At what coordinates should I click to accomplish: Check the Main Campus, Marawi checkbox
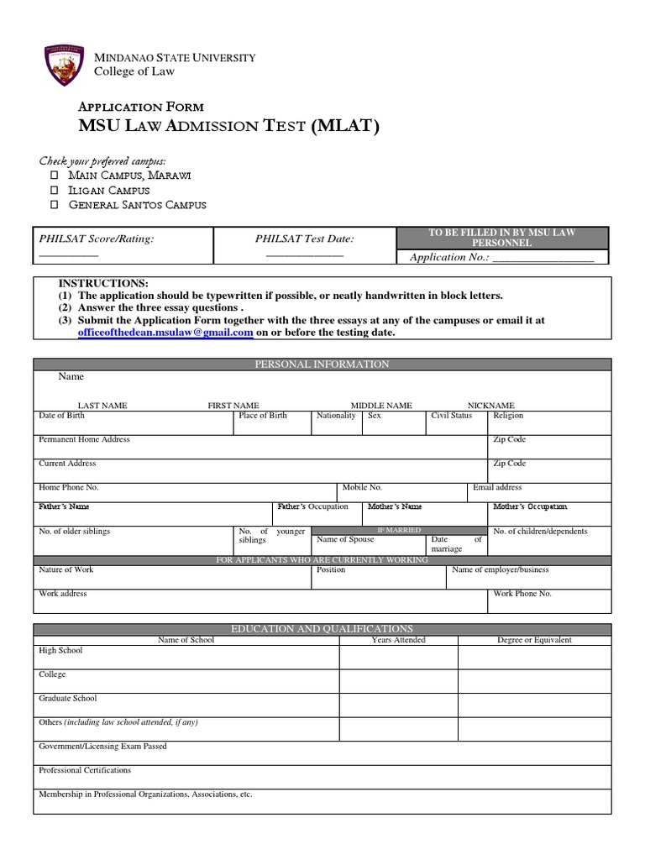click(x=54, y=175)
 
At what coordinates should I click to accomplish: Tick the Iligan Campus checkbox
click(x=54, y=190)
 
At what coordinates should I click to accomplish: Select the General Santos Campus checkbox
click(x=54, y=205)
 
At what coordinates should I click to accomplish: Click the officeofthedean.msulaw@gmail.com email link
click(x=165, y=333)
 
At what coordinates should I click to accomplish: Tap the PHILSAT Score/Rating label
click(x=97, y=239)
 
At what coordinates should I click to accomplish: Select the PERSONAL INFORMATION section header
click(x=322, y=364)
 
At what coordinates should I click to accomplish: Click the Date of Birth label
click(x=62, y=416)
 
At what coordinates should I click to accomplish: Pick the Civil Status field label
click(x=451, y=416)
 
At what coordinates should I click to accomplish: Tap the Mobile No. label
click(x=362, y=487)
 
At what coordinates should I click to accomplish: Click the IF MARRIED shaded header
click(x=399, y=531)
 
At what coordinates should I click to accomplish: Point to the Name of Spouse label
click(x=345, y=539)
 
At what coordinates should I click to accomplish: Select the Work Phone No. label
click(x=522, y=594)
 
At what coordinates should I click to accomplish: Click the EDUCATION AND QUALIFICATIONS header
click(x=322, y=628)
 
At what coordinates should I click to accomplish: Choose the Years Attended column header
click(x=398, y=640)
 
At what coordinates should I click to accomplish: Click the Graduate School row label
click(x=68, y=698)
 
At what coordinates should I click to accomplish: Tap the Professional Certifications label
click(x=85, y=770)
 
